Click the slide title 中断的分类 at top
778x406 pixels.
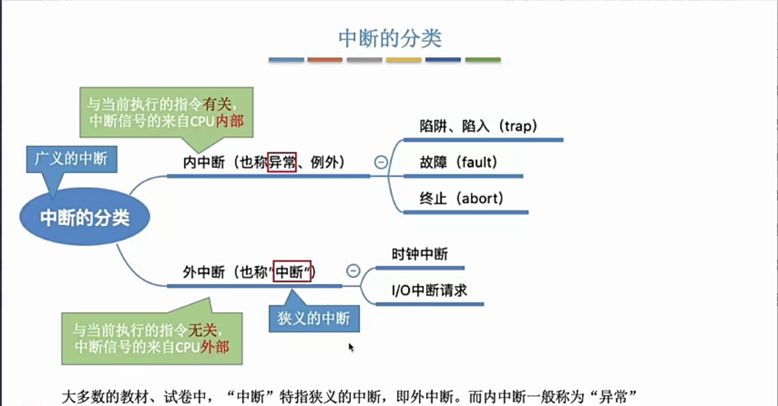point(390,39)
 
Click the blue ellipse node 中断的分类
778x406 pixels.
point(85,217)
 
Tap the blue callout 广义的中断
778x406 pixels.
point(71,159)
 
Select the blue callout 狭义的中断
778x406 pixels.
point(314,319)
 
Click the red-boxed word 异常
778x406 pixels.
point(282,162)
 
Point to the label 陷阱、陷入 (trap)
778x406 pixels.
point(478,126)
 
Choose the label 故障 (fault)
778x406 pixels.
point(458,162)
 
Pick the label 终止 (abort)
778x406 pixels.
point(462,198)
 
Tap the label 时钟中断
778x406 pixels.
point(420,254)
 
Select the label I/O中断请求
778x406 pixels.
point(430,290)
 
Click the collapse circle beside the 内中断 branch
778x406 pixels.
point(381,162)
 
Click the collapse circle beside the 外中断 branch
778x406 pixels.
point(353,271)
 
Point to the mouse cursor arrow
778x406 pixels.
point(351,347)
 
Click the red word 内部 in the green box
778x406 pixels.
point(230,121)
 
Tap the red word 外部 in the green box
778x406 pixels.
point(215,347)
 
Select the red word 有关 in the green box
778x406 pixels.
point(217,104)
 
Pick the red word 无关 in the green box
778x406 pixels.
point(203,330)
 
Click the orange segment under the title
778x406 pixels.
point(325,60)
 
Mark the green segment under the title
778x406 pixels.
point(483,60)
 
